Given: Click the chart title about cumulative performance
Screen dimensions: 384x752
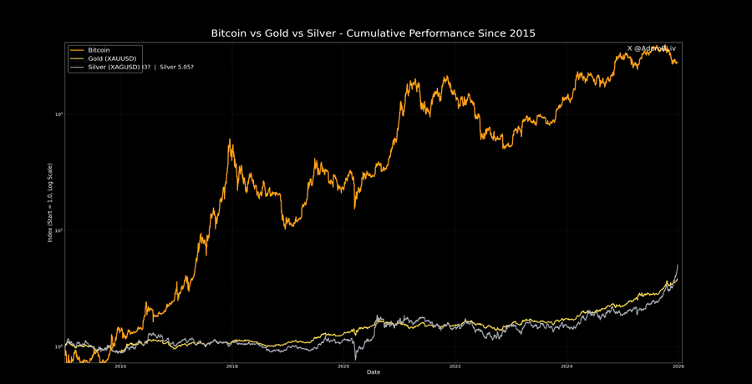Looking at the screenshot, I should click(x=373, y=33).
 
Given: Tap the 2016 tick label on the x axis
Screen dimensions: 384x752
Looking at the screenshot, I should click(x=119, y=366).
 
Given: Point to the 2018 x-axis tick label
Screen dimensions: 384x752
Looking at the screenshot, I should click(x=231, y=366).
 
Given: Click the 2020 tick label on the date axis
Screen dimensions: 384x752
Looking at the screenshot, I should click(x=343, y=366).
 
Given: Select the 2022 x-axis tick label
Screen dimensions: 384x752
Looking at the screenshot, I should click(x=455, y=366).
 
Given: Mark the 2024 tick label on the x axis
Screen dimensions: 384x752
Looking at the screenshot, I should click(x=567, y=366).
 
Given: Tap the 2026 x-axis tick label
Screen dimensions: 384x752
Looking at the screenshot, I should click(x=678, y=366).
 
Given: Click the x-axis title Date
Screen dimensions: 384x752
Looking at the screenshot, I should click(x=373, y=372).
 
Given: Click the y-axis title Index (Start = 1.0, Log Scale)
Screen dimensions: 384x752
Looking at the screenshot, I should click(x=50, y=203).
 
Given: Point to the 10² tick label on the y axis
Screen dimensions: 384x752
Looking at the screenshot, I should click(x=59, y=114).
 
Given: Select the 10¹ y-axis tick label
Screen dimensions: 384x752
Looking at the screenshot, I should click(x=59, y=230).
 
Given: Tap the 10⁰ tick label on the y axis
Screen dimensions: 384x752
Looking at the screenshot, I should click(x=59, y=346).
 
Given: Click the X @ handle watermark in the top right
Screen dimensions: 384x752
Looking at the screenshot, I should click(x=652, y=48).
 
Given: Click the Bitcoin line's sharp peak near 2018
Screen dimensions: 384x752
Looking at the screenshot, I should click(x=231, y=140).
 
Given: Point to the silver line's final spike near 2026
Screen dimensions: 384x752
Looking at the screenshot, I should click(x=677, y=265).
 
